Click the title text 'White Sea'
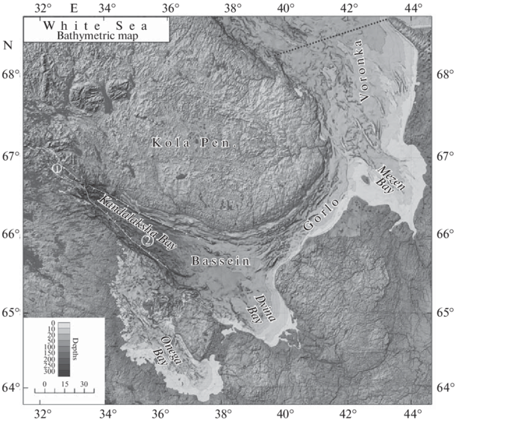[x=94, y=25]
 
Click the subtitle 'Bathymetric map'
[x=94, y=34]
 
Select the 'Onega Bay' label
[x=166, y=351]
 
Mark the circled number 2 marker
[x=147, y=241]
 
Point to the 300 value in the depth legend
[x=49, y=371]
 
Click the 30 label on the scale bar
[x=84, y=384]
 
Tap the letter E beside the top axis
[x=72, y=9]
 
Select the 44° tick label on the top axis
[x=413, y=9]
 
